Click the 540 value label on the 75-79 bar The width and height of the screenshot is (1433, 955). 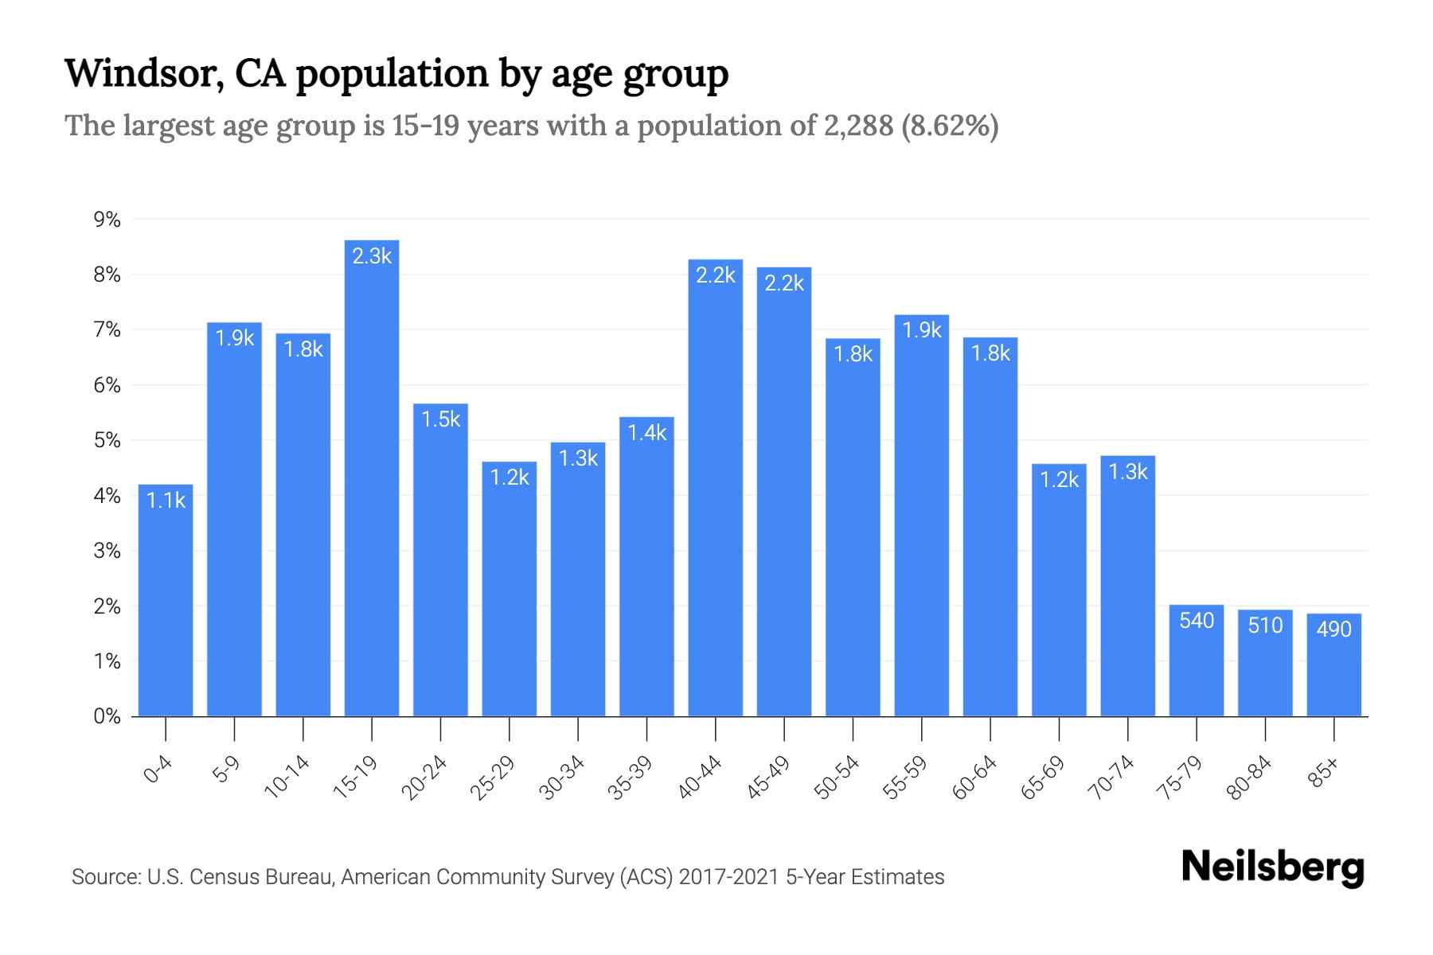pyautogui.click(x=1197, y=621)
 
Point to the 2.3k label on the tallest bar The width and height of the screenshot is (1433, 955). pyautogui.click(x=372, y=256)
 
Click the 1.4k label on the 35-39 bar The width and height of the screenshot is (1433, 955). pyautogui.click(x=646, y=433)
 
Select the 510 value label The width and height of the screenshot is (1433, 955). pyautogui.click(x=1265, y=626)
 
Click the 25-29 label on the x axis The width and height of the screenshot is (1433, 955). pyautogui.click(x=493, y=778)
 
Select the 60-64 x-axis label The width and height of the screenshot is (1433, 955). pyautogui.click(x=974, y=778)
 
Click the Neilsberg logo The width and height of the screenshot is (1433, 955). pyautogui.click(x=1272, y=867)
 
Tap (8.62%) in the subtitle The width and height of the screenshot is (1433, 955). pyautogui.click(x=950, y=126)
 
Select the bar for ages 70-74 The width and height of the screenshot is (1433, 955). pyautogui.click(x=1127, y=589)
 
